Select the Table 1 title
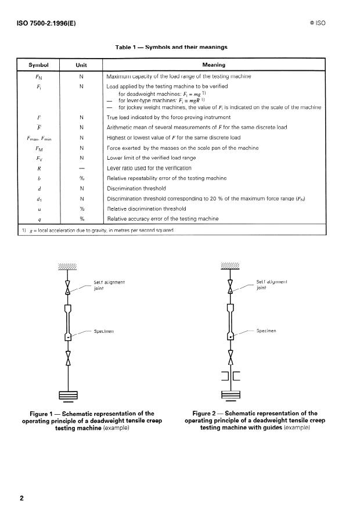[172, 46]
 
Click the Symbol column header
[38, 65]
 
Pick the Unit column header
[82, 65]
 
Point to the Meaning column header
[214, 65]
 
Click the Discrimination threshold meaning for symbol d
[136, 188]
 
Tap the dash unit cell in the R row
[82, 168]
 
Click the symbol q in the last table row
[38, 218]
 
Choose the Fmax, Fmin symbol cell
[38, 138]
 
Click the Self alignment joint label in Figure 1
[110, 285]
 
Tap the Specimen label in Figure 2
[267, 331]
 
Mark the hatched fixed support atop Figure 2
[231, 267]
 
